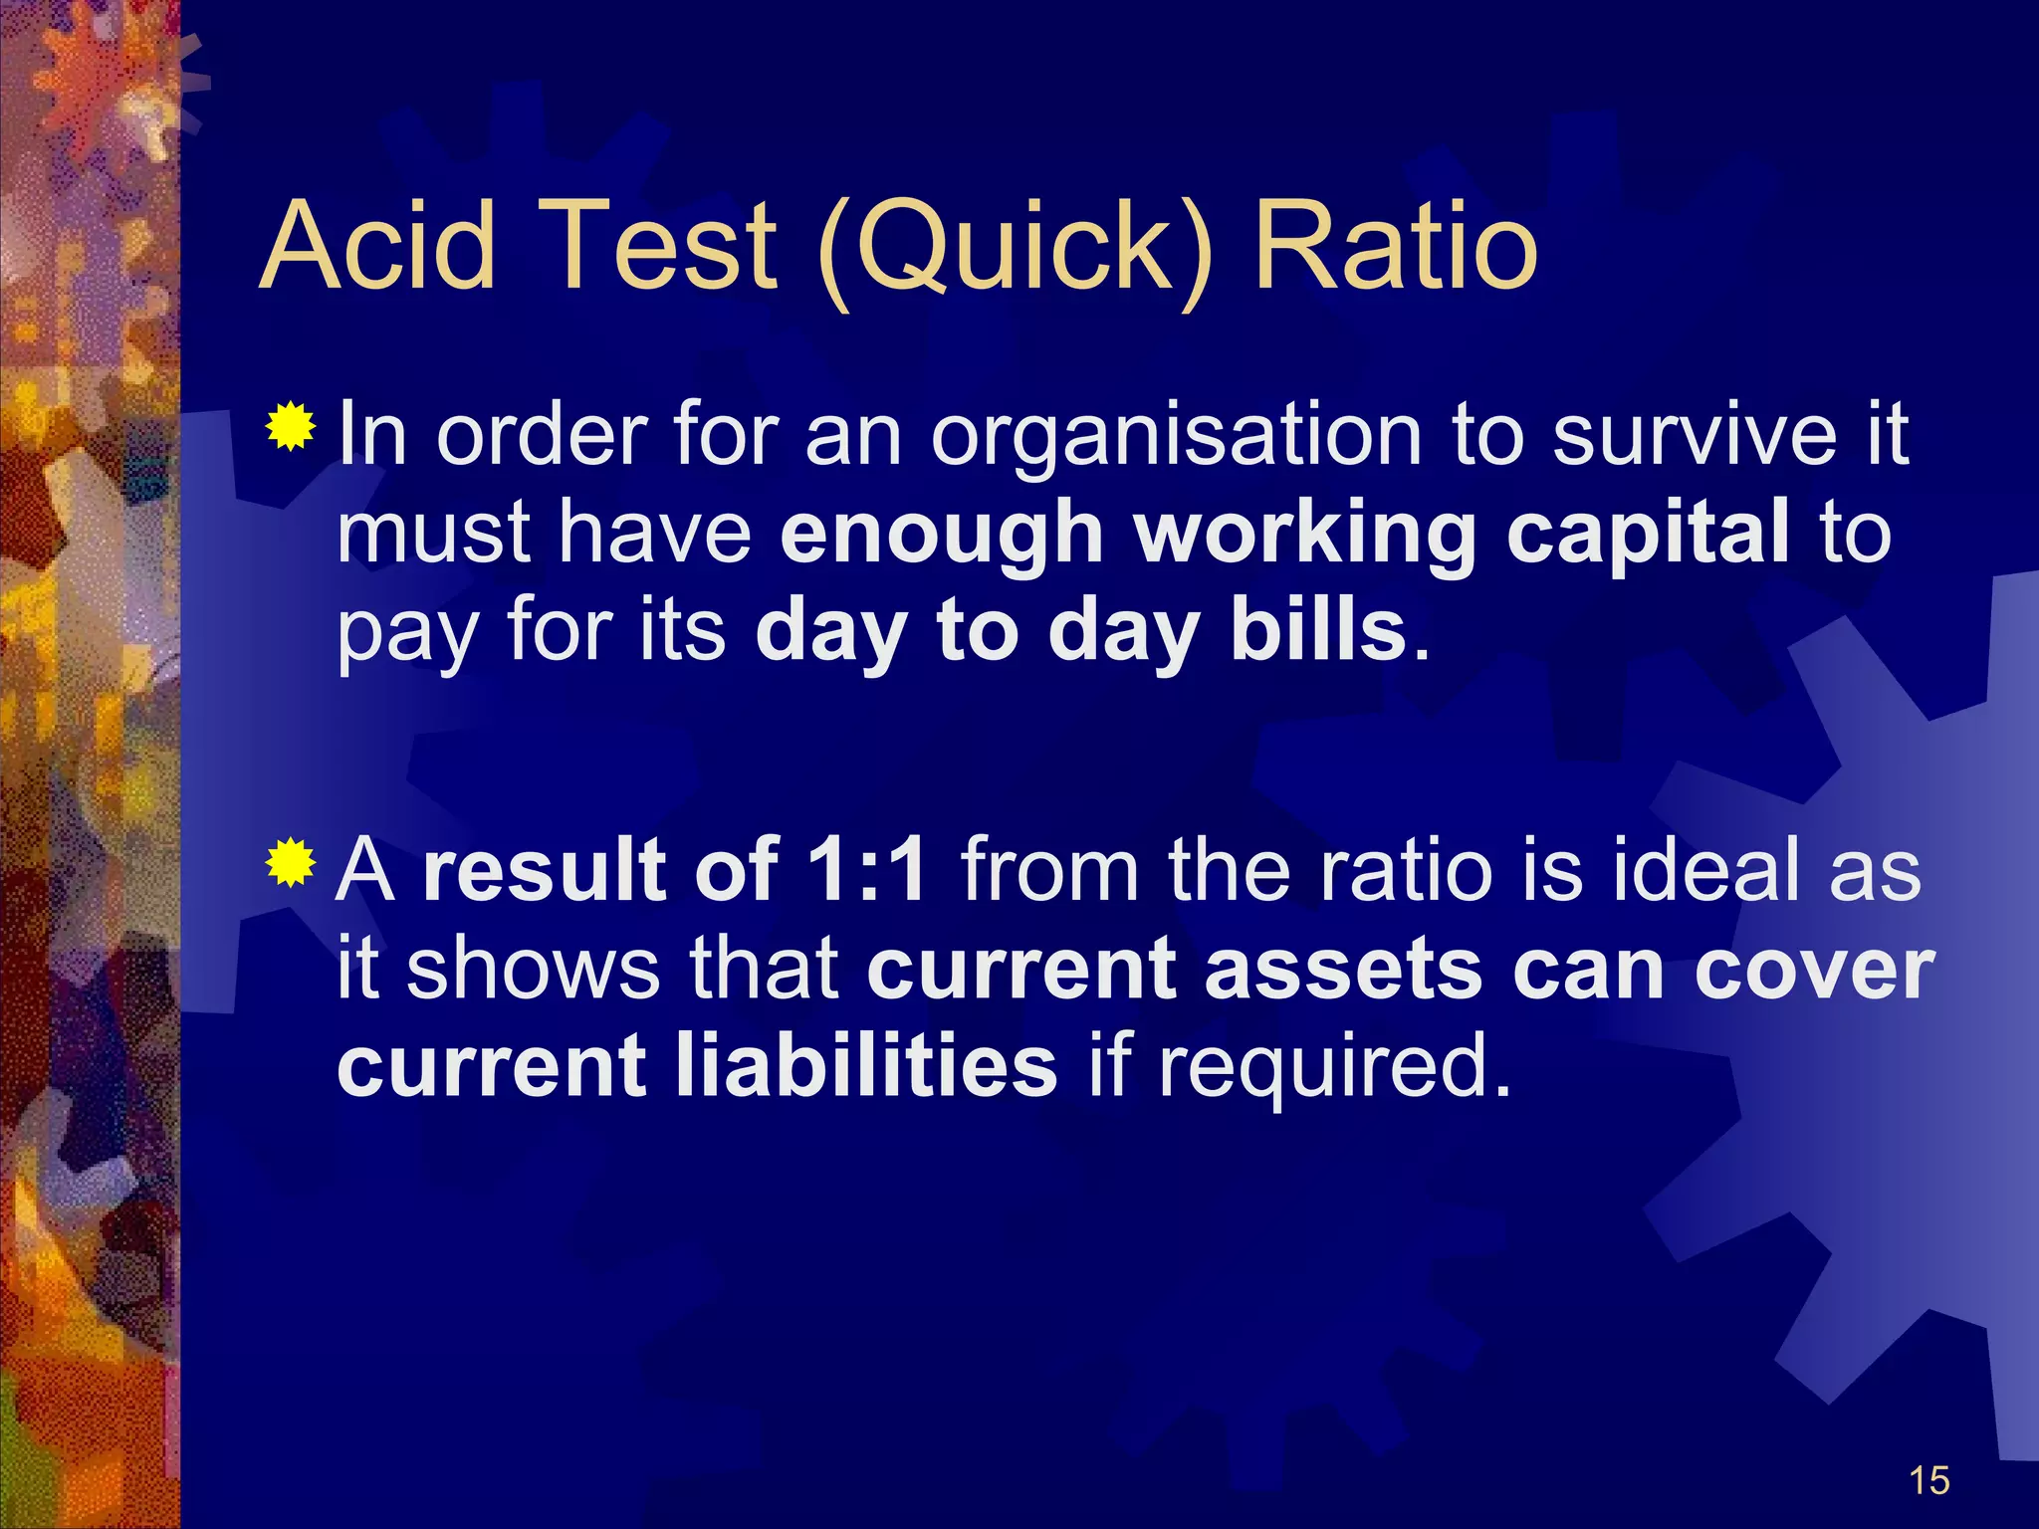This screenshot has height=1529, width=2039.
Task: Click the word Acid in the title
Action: tap(377, 245)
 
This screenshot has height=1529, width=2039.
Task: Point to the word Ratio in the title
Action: tap(1395, 245)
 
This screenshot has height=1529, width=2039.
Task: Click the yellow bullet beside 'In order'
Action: tap(291, 427)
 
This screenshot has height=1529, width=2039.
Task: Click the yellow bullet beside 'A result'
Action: tap(291, 863)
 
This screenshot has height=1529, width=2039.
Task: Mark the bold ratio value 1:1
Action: tap(866, 869)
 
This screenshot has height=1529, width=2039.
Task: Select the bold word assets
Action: tap(1343, 970)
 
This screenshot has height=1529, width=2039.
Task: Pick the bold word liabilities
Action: tap(865, 1065)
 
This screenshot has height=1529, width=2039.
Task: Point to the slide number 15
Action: tap(1929, 1481)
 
